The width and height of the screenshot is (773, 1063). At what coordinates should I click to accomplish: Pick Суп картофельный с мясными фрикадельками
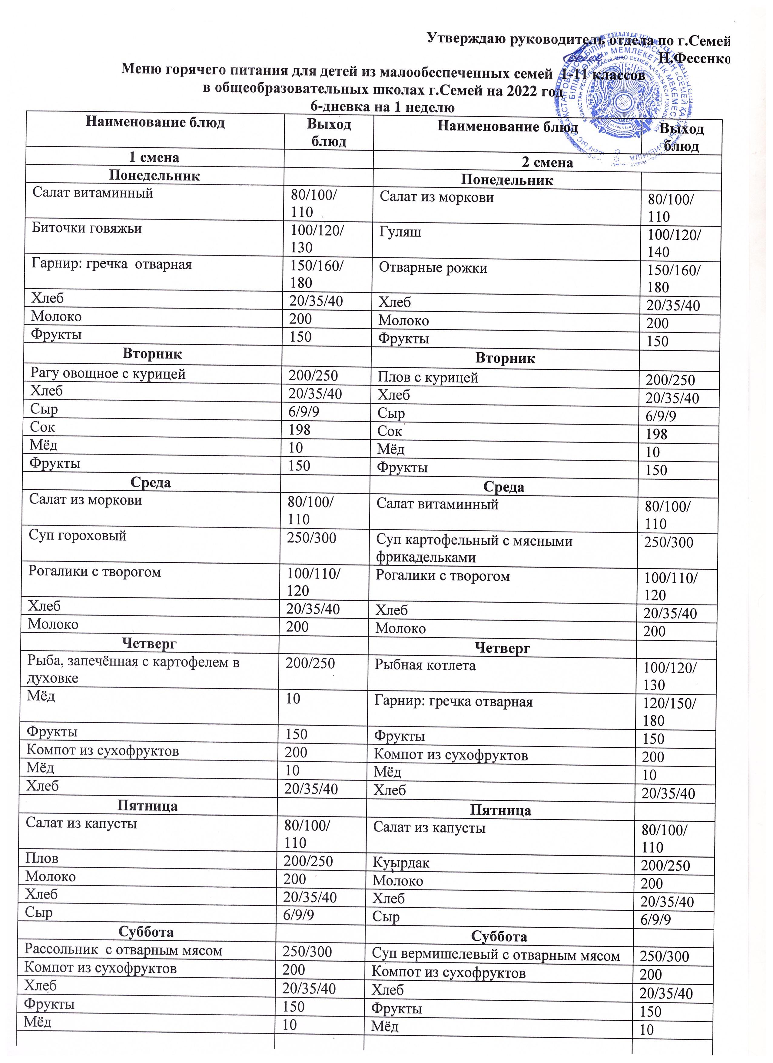[474, 549]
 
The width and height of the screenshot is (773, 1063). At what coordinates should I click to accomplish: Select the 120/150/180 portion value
[669, 711]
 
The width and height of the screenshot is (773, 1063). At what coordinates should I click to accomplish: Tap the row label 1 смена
[154, 157]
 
